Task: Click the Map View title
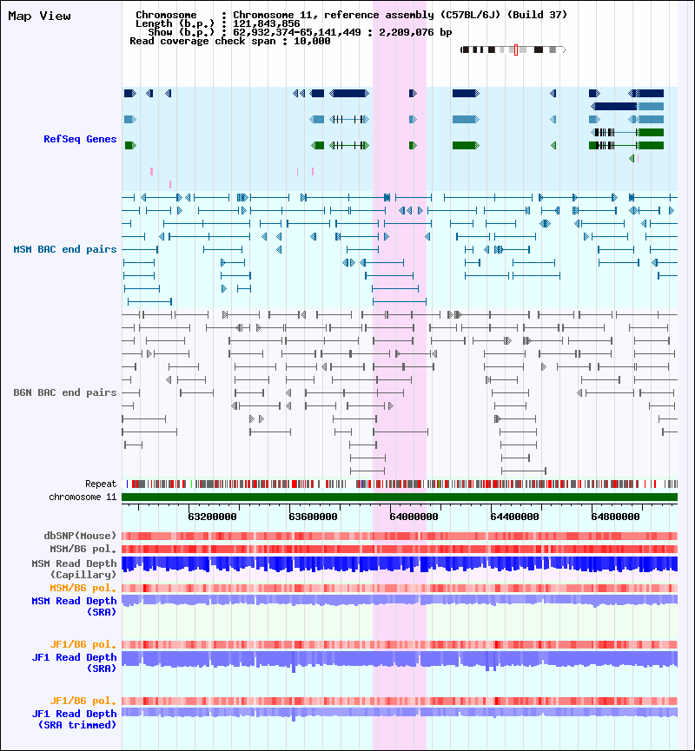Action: tap(39, 16)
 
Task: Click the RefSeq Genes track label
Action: tap(80, 139)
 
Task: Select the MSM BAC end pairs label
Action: tap(65, 249)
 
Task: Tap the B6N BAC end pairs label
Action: tap(65, 392)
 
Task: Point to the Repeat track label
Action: tap(101, 484)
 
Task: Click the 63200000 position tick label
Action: tap(212, 516)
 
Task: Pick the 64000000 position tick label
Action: tap(414, 516)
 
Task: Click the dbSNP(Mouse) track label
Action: tap(80, 536)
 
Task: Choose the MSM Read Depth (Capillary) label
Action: tap(74, 569)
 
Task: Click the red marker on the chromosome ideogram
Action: tap(515, 50)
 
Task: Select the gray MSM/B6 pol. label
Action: tap(83, 549)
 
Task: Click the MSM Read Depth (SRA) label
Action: tap(74, 606)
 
